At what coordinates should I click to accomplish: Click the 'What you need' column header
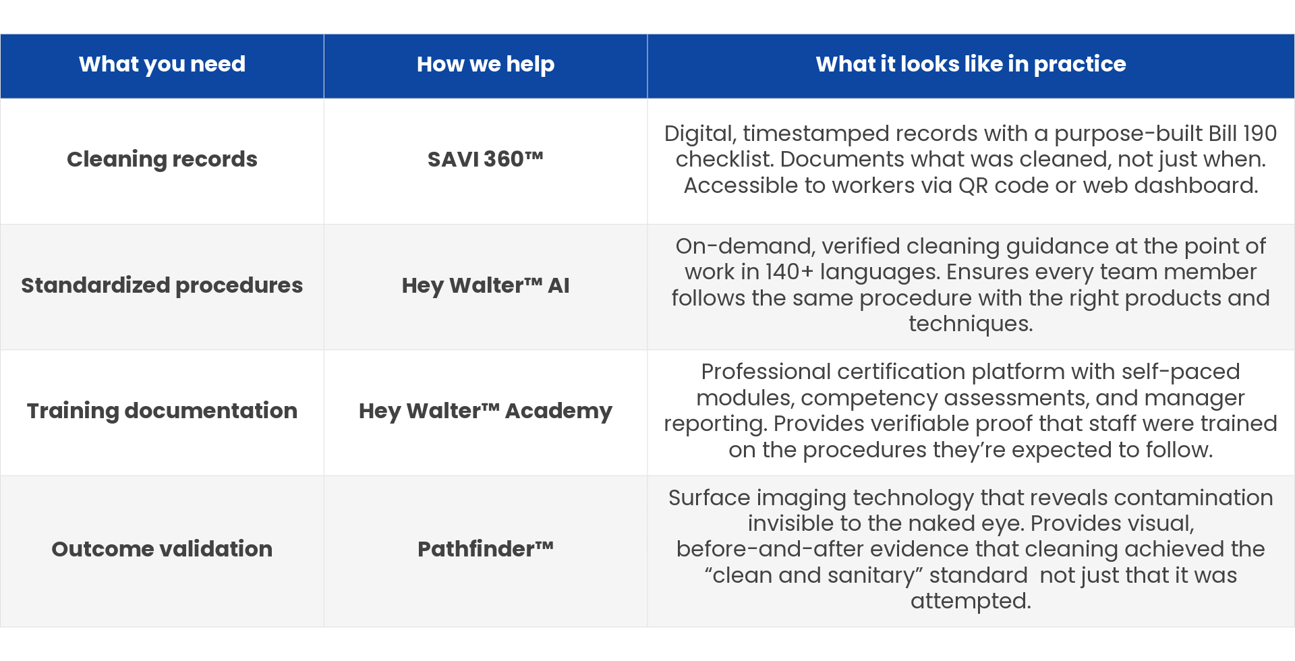tap(162, 64)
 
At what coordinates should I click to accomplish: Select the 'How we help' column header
tap(486, 64)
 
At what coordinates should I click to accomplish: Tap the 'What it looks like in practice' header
tap(971, 64)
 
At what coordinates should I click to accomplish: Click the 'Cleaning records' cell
tap(162, 159)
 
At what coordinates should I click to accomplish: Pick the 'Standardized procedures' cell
tap(162, 285)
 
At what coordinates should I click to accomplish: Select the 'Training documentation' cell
tap(162, 411)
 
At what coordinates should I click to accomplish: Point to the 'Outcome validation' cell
tap(162, 549)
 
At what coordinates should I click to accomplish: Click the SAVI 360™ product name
tap(486, 159)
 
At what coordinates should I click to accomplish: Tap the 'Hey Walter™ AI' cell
tap(486, 285)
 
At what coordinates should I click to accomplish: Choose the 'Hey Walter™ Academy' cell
tap(486, 411)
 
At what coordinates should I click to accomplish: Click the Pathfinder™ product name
tap(486, 549)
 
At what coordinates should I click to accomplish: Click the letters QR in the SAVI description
tap(973, 185)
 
